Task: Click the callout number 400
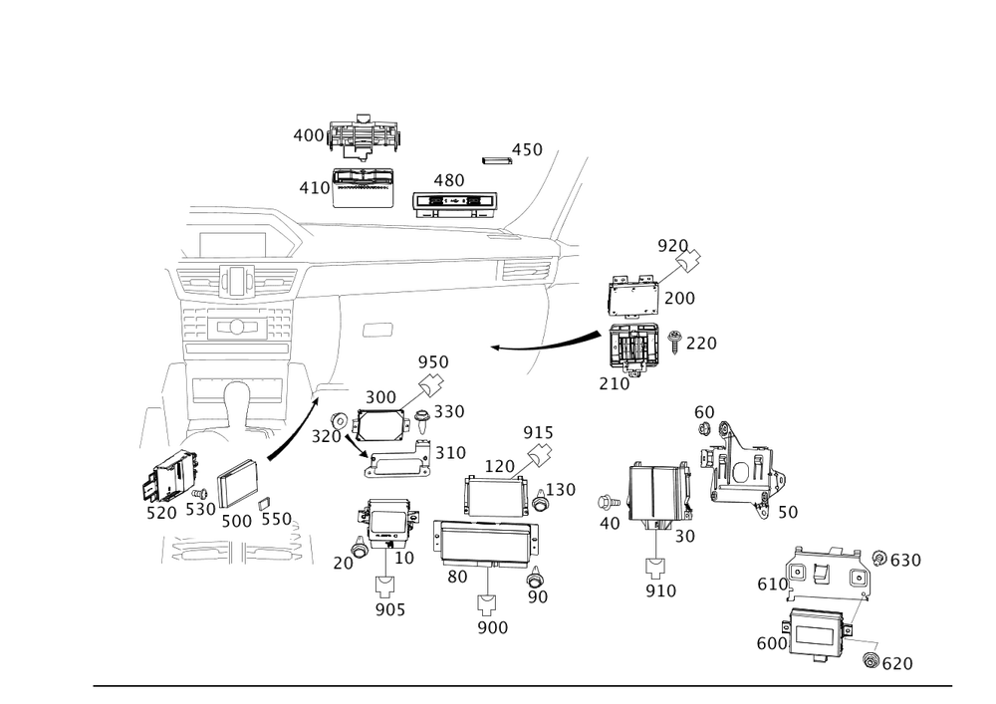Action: (309, 135)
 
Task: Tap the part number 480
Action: (448, 180)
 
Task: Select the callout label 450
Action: (527, 150)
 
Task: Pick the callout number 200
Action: (680, 298)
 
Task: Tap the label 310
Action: (450, 453)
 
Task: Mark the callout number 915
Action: (539, 431)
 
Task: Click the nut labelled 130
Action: (538, 501)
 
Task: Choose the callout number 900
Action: (492, 628)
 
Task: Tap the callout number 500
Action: (236, 521)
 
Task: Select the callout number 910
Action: (660, 591)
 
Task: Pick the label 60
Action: (704, 412)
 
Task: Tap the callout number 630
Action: (905, 562)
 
